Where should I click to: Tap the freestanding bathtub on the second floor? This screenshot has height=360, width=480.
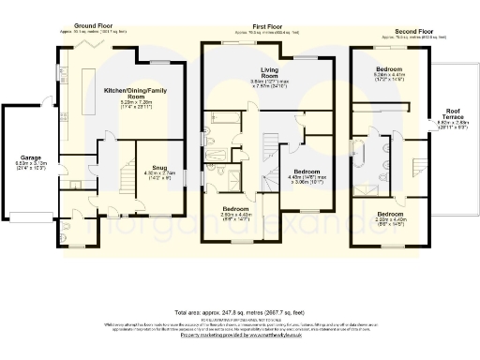pos(356,150)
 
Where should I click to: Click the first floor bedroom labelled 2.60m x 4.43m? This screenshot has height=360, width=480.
pos(235,214)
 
